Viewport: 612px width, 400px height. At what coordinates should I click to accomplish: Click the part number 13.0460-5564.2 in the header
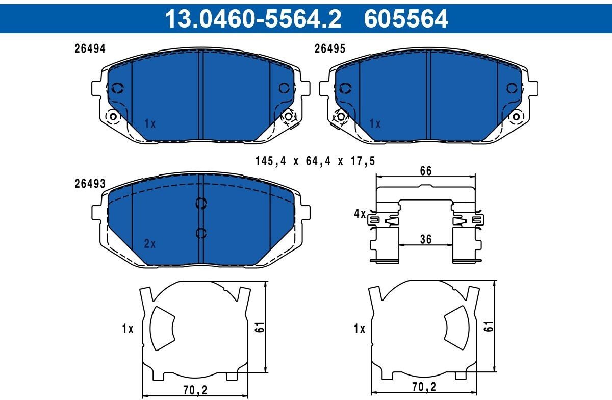[253, 18]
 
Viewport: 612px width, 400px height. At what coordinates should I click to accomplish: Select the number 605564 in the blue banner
[406, 18]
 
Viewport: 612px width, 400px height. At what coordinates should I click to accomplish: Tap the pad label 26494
[90, 49]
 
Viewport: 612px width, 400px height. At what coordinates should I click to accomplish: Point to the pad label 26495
[330, 49]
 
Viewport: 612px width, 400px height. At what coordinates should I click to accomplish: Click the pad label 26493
[90, 184]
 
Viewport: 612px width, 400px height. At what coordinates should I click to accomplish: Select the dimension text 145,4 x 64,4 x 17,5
[315, 161]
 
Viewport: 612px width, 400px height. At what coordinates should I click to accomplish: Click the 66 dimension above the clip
[426, 171]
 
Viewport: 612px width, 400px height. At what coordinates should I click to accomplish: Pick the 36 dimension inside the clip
[426, 239]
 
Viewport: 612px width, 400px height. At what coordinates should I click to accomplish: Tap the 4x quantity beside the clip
[360, 214]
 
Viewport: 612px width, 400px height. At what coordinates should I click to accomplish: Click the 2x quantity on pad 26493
[150, 243]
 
